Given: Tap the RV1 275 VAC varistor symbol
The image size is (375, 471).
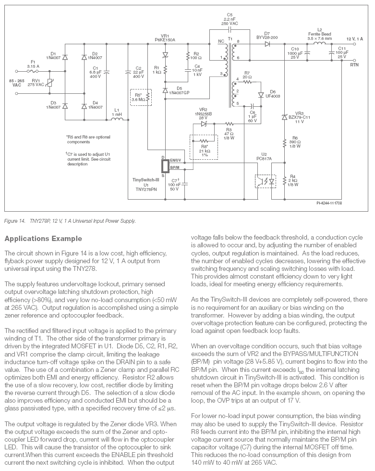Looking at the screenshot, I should [x=50, y=82].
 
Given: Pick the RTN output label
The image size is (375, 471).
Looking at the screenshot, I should [x=354, y=64].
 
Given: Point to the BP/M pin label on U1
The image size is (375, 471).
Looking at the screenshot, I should [x=175, y=167].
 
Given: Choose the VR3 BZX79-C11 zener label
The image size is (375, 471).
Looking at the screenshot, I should [x=302, y=118].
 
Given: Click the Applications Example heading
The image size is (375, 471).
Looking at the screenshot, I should [x=43, y=239].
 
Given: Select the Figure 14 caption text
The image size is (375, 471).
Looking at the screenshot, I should [x=70, y=221].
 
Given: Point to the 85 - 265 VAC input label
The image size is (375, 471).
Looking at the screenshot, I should [x=14, y=81].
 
